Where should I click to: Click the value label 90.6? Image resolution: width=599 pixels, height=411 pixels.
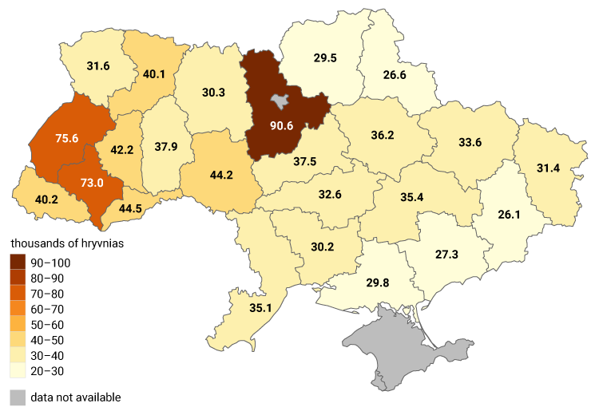coord(282,125)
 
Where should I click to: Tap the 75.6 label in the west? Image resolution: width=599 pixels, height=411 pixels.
coord(66,138)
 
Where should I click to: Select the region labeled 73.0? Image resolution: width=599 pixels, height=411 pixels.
coord(92,183)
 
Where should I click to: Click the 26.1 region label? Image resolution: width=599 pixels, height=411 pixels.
coord(509,215)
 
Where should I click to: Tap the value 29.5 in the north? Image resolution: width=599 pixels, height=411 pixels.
coord(323,57)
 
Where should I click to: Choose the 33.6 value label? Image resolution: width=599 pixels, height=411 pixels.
coord(470,143)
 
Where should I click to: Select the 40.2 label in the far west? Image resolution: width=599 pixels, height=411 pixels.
coord(45,200)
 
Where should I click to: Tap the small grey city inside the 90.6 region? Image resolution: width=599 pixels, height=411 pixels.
coord(280,101)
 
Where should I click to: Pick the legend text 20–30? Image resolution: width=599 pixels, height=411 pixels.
coord(47,371)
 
